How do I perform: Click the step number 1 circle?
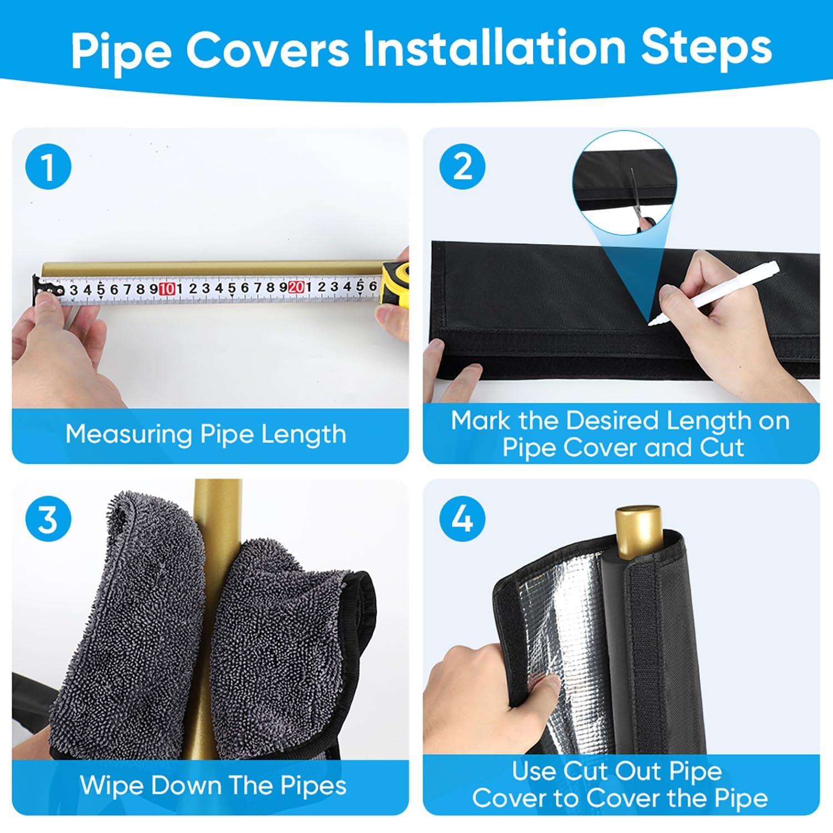pyautogui.click(x=48, y=167)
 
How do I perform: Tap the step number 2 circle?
pyautogui.click(x=462, y=167)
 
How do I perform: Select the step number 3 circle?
pyautogui.click(x=48, y=519)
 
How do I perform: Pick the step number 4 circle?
pyautogui.click(x=462, y=519)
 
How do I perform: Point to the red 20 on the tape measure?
pyautogui.click(x=296, y=287)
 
